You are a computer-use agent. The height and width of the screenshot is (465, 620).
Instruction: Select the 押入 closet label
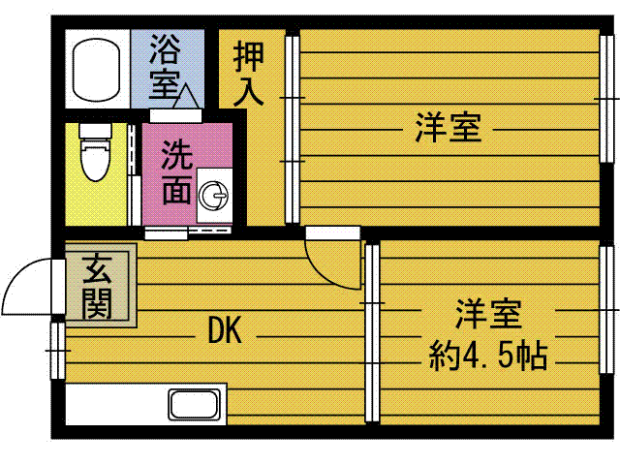248,74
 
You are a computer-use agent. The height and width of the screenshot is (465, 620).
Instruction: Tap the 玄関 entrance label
97,284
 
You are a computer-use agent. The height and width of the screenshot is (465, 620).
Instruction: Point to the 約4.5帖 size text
488,356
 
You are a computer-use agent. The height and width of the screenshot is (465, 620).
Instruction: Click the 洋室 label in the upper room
449,127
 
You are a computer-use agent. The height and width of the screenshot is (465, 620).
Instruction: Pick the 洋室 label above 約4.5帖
488,314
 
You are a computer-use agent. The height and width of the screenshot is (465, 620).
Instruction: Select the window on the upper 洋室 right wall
607,97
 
